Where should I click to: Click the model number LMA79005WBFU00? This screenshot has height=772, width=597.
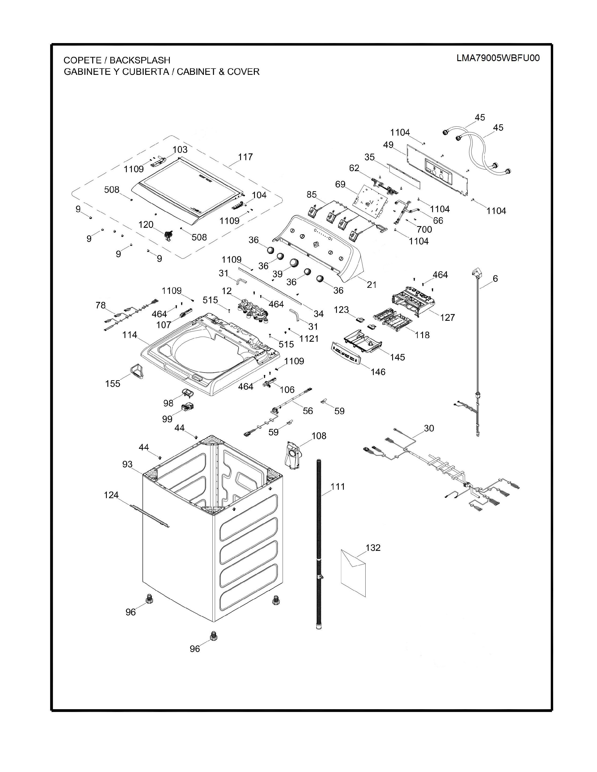[x=498, y=58]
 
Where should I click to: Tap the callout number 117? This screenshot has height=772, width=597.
[x=245, y=157]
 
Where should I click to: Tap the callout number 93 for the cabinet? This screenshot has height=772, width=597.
[x=128, y=464]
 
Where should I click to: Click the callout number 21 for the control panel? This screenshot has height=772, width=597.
[x=372, y=284]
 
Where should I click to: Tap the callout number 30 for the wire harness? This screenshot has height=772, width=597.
[x=429, y=428]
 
